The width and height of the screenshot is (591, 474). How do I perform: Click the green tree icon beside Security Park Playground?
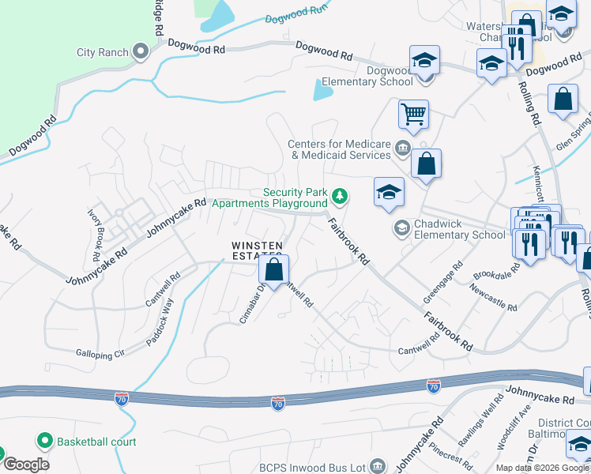[340, 194]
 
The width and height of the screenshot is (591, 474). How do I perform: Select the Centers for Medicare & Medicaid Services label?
[340, 150]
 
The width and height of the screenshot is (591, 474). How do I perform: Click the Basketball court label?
[96, 442]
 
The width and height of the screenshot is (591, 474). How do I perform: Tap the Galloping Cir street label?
[100, 353]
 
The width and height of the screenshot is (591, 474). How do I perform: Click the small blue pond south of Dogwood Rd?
[322, 91]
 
